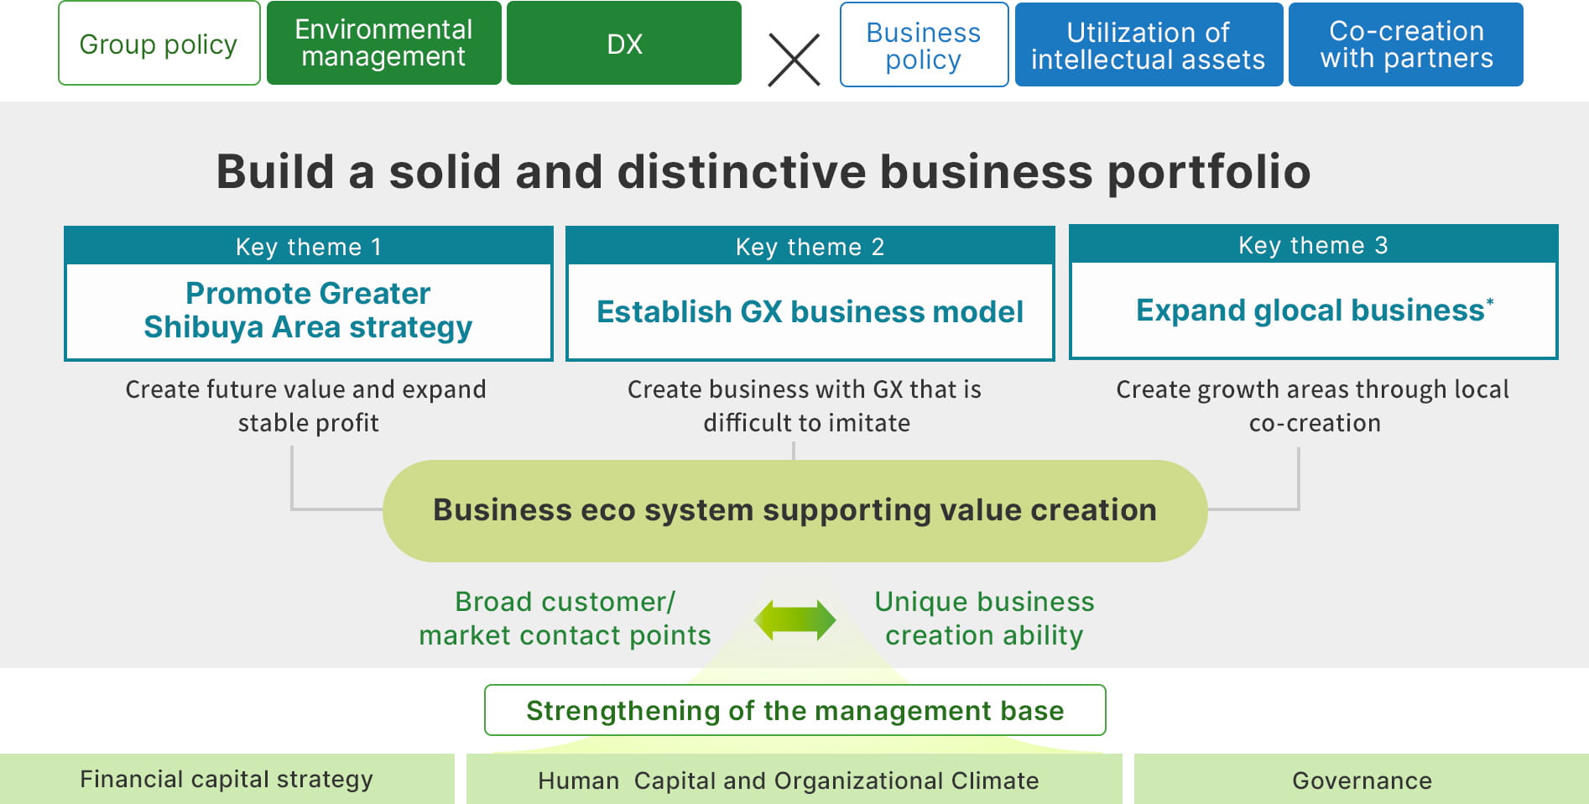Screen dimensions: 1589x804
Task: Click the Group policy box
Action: pyautogui.click(x=159, y=43)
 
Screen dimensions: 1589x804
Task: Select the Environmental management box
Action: pyautogui.click(x=383, y=43)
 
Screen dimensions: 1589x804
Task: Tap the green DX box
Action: pyautogui.click(x=624, y=43)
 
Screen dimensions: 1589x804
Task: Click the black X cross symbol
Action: pyautogui.click(x=794, y=60)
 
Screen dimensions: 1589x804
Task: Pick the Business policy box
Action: pyautogui.click(x=924, y=44)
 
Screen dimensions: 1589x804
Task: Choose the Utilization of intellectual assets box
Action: pyautogui.click(x=1149, y=44)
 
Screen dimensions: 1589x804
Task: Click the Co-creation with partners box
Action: pyautogui.click(x=1406, y=44)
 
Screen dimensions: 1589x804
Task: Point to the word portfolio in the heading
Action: pyautogui.click(x=1209, y=172)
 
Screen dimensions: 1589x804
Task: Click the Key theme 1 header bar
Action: pyautogui.click(x=308, y=246)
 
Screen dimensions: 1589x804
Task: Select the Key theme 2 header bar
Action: pyautogui.click(x=810, y=246)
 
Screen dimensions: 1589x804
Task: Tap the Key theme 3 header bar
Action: pyautogui.click(x=1313, y=244)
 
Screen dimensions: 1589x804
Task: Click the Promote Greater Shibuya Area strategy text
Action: pyautogui.click(x=308, y=310)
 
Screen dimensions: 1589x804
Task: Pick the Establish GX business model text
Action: pyautogui.click(x=810, y=311)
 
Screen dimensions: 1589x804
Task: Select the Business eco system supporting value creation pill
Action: pyautogui.click(x=794, y=510)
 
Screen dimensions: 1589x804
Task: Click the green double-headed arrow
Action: pyautogui.click(x=794, y=620)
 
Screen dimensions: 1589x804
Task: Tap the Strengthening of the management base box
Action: pyautogui.click(x=794, y=710)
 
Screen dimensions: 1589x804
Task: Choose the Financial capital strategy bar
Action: pyautogui.click(x=227, y=779)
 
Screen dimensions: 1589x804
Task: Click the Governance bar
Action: pyautogui.click(x=1362, y=779)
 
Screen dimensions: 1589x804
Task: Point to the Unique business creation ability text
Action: pyautogui.click(x=984, y=619)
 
